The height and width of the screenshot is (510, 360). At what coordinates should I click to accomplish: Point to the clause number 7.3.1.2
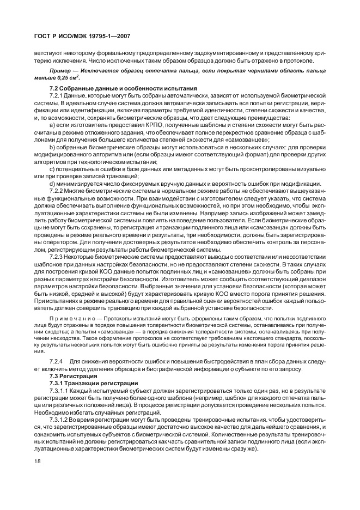(x=60, y=420)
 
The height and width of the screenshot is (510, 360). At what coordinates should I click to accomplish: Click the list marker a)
(x=52, y=125)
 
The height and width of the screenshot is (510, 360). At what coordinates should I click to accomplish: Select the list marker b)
(x=52, y=147)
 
